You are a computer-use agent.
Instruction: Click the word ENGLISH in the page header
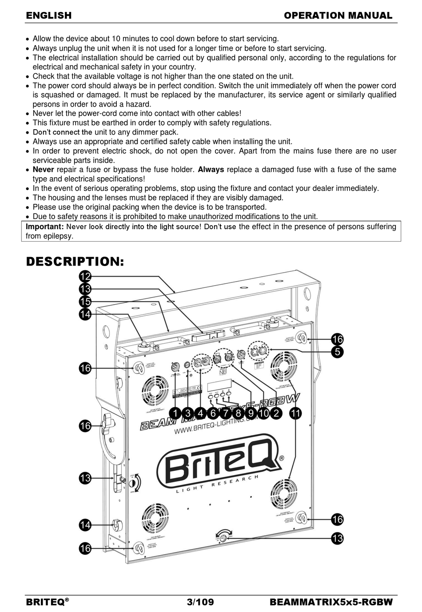pyautogui.click(x=49, y=16)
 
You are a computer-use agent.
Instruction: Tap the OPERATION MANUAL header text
pyautogui.click(x=338, y=16)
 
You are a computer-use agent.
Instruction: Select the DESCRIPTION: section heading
pyautogui.click(x=75, y=262)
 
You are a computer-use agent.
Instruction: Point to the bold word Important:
pyautogui.click(x=45, y=227)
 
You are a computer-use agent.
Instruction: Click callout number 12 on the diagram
pyautogui.click(x=85, y=277)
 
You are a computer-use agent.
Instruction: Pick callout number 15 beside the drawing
pyautogui.click(x=85, y=302)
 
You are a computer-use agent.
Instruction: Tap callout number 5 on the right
pyautogui.click(x=338, y=352)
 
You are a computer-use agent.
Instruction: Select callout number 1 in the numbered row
pyautogui.click(x=175, y=413)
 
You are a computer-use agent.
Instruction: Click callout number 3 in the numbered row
pyautogui.click(x=188, y=413)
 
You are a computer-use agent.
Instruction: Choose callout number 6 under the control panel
pyautogui.click(x=213, y=413)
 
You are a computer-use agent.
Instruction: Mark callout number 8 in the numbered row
pyautogui.click(x=238, y=413)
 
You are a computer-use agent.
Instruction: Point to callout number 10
pyautogui.click(x=263, y=413)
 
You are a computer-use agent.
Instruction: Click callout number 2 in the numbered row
pyautogui.click(x=276, y=413)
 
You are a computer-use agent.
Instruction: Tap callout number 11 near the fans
pyautogui.click(x=295, y=413)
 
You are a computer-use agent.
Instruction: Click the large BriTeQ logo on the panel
pyautogui.click(x=220, y=464)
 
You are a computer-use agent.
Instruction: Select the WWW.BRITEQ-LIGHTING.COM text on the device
pyautogui.click(x=211, y=427)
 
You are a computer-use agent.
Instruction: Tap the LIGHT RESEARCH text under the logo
pyautogui.click(x=218, y=484)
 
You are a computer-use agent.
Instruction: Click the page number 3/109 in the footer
pyautogui.click(x=200, y=602)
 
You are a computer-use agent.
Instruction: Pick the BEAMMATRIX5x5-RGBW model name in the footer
pyautogui.click(x=331, y=602)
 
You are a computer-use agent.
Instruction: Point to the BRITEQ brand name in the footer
pyautogui.click(x=45, y=602)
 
